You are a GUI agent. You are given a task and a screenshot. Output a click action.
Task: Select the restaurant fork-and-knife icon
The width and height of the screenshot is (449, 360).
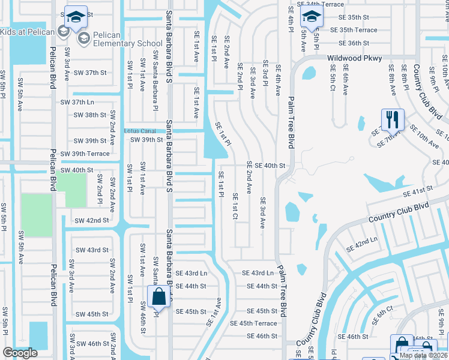pos(390,119)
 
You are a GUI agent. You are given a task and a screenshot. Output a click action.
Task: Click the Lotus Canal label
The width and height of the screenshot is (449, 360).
pos(139,131)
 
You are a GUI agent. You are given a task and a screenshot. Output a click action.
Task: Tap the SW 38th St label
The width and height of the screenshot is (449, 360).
pos(87,115)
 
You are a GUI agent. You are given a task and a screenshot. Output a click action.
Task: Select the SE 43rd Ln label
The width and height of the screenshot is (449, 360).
pos(258,273)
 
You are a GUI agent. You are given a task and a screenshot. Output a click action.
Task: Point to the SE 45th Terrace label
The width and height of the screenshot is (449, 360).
pos(258,323)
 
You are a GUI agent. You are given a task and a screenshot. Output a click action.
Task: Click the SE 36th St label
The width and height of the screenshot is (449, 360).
pos(354,43)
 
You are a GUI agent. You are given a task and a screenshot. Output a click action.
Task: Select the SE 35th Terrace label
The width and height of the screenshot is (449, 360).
pos(358,30)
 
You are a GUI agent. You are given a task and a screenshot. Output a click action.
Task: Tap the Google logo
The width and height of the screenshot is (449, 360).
pos(20,353)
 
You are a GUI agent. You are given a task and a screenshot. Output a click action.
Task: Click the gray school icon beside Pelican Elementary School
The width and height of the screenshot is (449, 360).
pos(83,38)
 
